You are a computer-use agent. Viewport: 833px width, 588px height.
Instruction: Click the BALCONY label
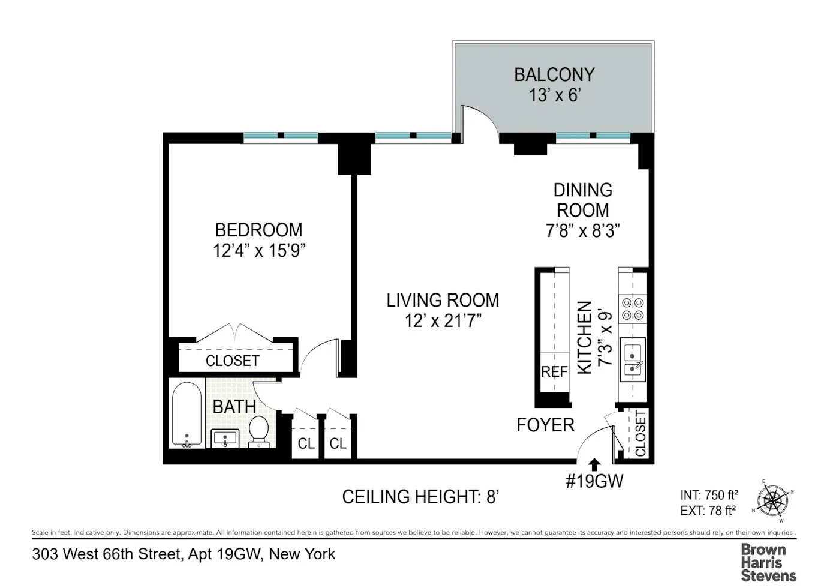click(x=554, y=75)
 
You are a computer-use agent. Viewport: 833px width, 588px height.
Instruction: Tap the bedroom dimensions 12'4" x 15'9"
click(x=259, y=251)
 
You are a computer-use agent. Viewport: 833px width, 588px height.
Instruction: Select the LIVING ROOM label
click(x=443, y=300)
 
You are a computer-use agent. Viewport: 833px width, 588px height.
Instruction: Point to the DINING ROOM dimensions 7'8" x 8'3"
click(x=582, y=231)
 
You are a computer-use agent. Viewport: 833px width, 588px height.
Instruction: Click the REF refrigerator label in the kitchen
click(x=554, y=372)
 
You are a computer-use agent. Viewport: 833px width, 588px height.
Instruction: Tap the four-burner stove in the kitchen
click(x=633, y=309)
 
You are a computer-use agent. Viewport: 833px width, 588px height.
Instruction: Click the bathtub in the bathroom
click(x=187, y=415)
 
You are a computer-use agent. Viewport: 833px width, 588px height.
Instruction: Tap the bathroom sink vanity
click(x=225, y=439)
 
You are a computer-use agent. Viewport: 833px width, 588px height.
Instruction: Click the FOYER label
click(x=545, y=425)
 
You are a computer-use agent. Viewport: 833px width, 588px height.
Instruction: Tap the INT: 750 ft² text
click(x=709, y=495)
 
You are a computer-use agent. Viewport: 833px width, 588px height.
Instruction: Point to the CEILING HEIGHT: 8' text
click(x=420, y=497)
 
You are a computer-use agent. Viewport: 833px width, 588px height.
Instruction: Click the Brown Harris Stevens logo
click(x=768, y=563)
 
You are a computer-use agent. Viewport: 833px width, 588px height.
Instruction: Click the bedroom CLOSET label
click(x=232, y=361)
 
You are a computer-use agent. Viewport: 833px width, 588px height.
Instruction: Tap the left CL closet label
click(x=306, y=444)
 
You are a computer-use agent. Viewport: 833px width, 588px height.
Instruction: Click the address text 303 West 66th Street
click(x=107, y=554)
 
